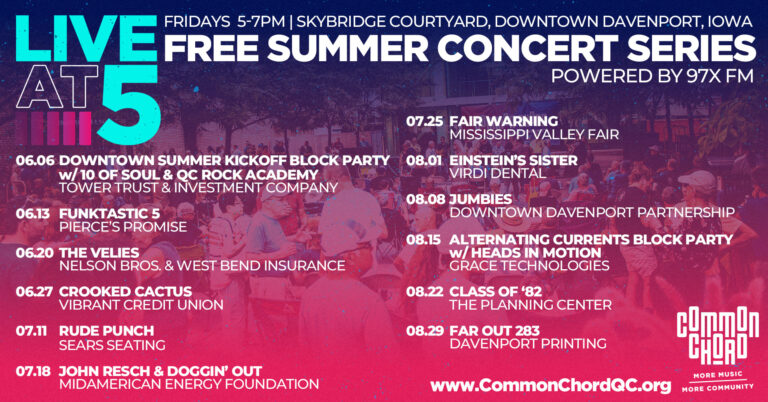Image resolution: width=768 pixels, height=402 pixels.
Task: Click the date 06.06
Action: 35,161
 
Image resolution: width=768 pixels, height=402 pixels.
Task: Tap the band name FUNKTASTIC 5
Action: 102,214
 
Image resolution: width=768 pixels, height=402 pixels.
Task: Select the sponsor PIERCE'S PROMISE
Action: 123,227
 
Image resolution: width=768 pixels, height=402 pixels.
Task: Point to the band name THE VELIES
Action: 99,253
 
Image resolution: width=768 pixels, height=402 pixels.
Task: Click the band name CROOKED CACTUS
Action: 125,291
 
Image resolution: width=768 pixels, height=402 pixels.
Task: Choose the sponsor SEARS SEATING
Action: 112,345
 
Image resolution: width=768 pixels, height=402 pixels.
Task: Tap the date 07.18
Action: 33,371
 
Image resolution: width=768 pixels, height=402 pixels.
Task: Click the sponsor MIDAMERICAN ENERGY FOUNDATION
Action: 189,384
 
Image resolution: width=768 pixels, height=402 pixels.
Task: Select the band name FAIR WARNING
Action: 504,121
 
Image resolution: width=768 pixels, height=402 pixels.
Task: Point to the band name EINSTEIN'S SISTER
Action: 513,161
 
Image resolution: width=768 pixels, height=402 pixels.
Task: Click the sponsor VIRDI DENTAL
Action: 497,173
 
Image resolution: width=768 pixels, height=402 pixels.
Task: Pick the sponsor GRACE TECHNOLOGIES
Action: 529,265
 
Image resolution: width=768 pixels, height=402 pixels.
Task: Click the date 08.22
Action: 425,291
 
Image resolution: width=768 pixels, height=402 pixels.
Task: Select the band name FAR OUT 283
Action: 494,331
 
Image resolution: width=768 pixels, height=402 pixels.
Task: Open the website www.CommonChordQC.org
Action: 551,385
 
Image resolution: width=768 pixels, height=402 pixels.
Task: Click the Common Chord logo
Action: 718,349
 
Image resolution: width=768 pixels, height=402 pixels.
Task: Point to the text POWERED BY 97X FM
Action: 652,76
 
